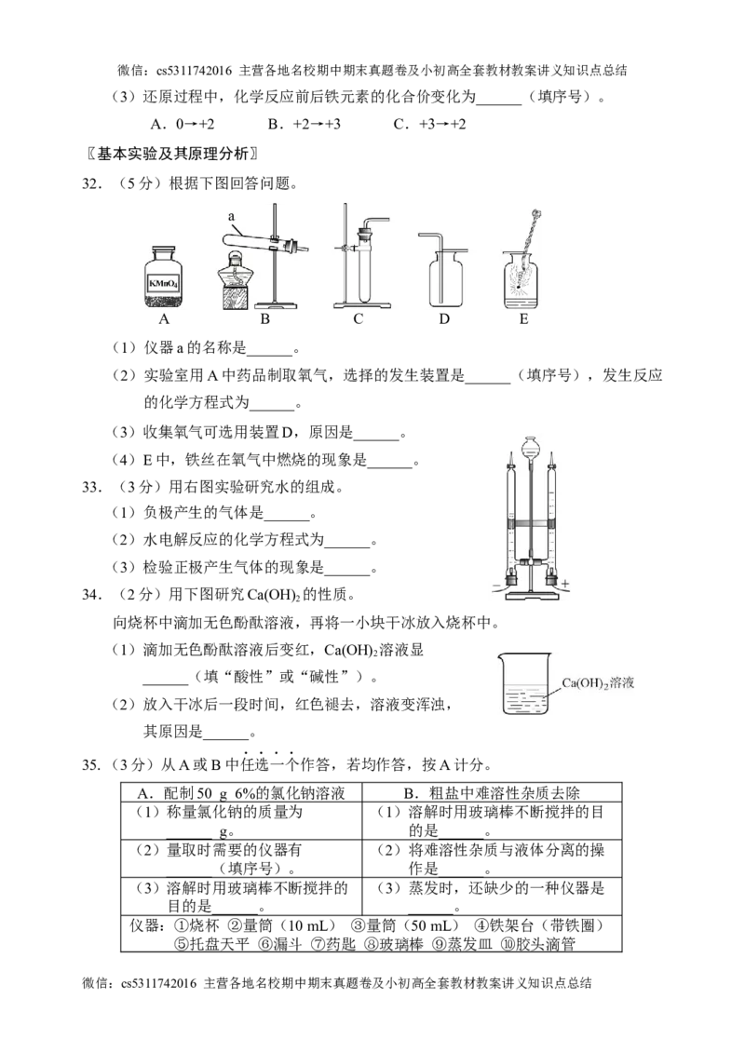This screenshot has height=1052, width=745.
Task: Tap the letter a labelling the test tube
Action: tap(232, 216)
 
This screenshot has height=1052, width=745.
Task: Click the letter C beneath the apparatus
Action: tap(358, 319)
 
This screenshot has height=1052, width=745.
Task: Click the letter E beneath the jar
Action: tap(524, 319)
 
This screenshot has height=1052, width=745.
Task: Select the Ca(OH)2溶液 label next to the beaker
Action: tap(597, 683)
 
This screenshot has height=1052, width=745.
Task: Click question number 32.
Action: tap(92, 183)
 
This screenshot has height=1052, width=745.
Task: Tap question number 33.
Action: tap(92, 487)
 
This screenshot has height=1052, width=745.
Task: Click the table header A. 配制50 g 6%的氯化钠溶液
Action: tap(241, 793)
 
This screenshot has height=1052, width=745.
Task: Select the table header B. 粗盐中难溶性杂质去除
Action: tap(492, 793)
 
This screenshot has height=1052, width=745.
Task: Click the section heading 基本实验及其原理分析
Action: tap(172, 154)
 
